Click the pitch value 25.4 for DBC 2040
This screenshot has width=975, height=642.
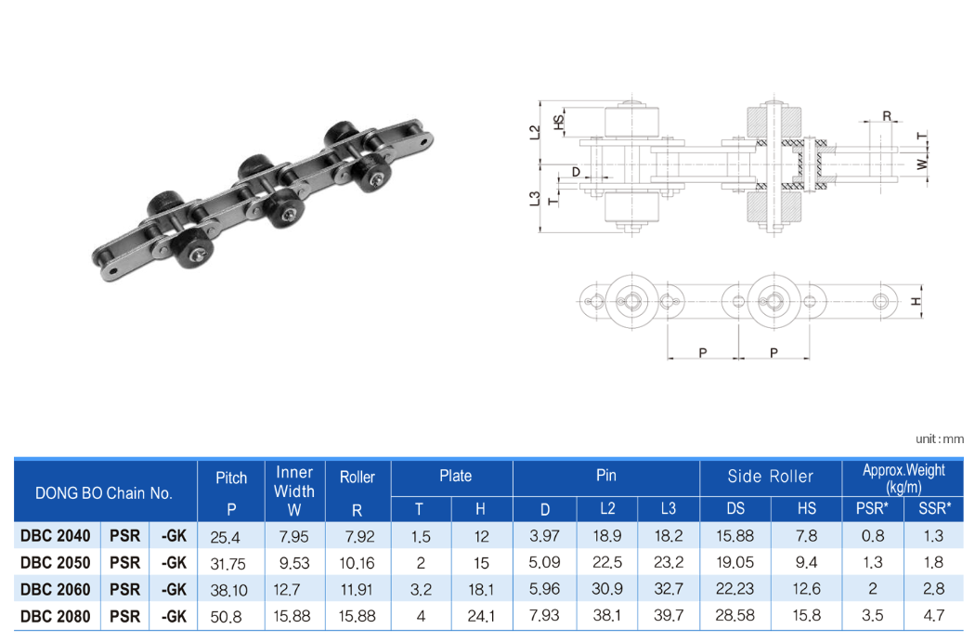pos(225,537)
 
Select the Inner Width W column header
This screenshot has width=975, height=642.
pos(294,491)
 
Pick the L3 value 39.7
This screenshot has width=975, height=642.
pos(669,615)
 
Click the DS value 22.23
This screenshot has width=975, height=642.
pos(735,588)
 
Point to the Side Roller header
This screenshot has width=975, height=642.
pos(771,477)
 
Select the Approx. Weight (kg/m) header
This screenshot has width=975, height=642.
pos(903,478)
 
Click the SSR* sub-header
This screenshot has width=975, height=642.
pos(934,508)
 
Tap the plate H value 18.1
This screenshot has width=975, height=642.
pos(481,589)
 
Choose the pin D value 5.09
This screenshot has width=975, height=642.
pos(544,562)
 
